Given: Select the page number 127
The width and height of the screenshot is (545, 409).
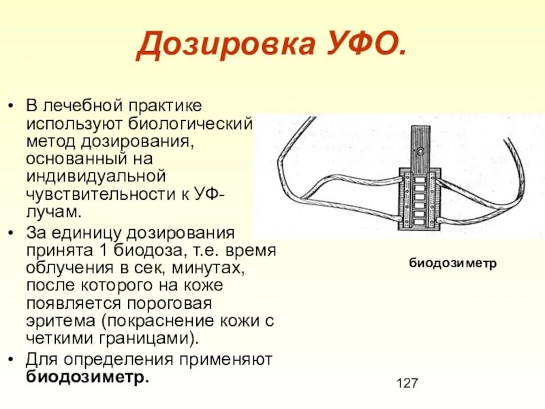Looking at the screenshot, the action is tap(406, 383).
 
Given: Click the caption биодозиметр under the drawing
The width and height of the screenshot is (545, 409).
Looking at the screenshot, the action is tap(453, 262).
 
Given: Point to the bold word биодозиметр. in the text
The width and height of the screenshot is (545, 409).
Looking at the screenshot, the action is tap(87, 377).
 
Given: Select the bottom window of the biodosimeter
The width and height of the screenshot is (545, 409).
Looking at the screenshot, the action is tap(420, 221).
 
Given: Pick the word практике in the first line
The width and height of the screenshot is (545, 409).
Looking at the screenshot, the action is tap(163, 106).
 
